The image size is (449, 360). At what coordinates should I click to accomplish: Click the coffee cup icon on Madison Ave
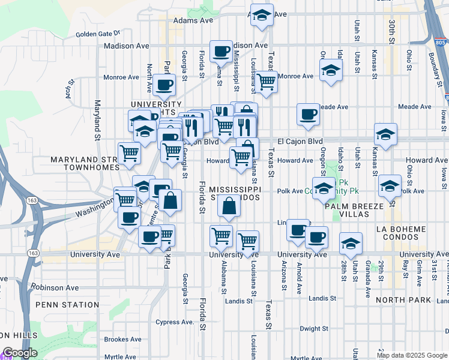click(x=221, y=52)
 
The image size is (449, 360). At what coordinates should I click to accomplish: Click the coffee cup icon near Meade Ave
click(x=309, y=114)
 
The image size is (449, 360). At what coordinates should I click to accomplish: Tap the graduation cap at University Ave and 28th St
click(x=351, y=244)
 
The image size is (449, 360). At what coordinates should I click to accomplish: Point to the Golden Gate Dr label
click(x=98, y=34)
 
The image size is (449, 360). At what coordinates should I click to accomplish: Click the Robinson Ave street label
click(x=55, y=288)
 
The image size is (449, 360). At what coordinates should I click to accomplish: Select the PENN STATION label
click(x=58, y=305)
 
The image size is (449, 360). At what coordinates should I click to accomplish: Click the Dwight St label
click(x=314, y=329)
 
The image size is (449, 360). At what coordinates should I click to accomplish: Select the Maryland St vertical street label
click(x=96, y=118)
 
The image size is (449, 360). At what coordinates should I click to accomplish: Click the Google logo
click(x=20, y=353)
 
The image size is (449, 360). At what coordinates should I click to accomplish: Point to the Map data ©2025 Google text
click(x=412, y=355)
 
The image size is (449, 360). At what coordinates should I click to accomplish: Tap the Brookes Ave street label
click(x=123, y=340)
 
